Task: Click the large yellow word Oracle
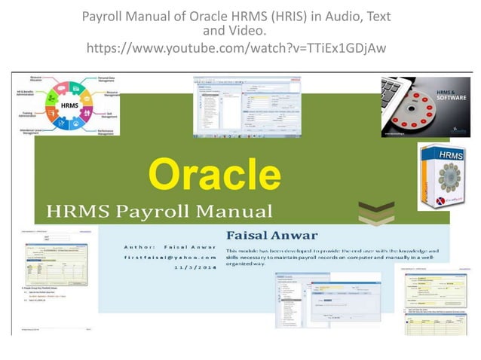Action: (213, 175)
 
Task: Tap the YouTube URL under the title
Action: (237, 48)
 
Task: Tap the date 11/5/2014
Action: (195, 267)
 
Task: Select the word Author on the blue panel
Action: (139, 246)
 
